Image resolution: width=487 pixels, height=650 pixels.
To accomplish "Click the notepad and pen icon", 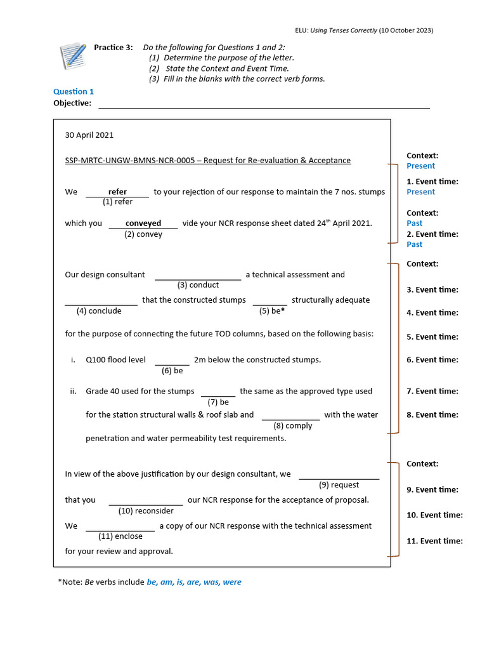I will tap(72, 55).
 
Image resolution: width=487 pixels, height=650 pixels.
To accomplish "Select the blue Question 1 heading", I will tap(74, 91).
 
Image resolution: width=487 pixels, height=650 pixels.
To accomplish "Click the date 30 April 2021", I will tap(89, 135).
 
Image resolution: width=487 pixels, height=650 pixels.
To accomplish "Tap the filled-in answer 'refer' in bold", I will tap(117, 192).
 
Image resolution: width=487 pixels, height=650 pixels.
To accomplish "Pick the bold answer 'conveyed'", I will tap(143, 223).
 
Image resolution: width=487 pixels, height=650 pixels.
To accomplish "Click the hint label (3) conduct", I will tap(198, 285).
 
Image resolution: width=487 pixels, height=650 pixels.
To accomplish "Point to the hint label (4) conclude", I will tap(99, 310).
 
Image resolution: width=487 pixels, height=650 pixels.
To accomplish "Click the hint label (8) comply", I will tap(293, 425).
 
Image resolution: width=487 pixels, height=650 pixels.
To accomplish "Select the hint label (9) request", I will tap(339, 485).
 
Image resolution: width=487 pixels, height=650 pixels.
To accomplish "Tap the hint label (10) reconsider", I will tap(146, 510).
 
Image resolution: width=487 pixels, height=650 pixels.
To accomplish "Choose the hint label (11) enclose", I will tap(120, 536).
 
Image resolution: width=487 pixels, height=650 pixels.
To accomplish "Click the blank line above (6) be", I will tap(172, 364).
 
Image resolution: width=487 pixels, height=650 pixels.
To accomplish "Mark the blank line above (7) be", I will tap(218, 396).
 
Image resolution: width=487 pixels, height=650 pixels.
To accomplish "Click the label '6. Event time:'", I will tap(432, 360).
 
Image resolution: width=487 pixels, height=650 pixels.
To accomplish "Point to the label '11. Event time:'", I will tap(434, 541).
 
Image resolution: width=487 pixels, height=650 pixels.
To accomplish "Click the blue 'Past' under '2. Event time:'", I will tap(414, 244).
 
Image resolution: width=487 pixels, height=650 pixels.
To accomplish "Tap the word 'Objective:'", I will tap(72, 103).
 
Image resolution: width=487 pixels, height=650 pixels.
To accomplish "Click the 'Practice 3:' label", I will tap(114, 48).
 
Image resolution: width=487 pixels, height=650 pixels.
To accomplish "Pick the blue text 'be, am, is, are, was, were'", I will tap(194, 582).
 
